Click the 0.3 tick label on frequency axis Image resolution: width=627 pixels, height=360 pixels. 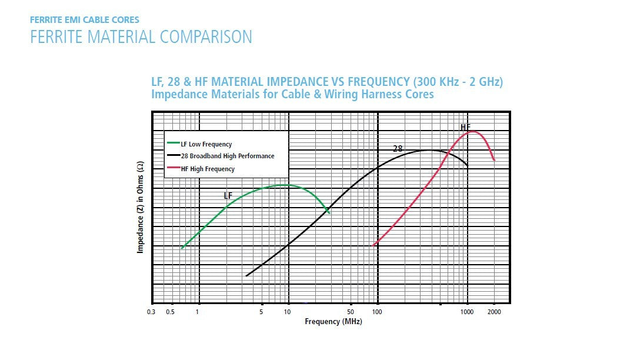point(151,312)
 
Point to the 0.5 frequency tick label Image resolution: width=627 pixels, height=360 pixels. point(170,312)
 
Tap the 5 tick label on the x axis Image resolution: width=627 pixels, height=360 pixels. point(261,312)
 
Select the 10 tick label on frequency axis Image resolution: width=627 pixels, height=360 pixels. point(288,312)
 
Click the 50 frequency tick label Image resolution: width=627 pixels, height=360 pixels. point(351,312)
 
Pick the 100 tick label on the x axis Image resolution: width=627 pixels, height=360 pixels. point(377,312)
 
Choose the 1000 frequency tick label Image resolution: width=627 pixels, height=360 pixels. point(466,312)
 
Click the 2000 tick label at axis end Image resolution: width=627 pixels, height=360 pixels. point(493,312)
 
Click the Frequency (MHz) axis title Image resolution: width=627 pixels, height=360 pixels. point(333,322)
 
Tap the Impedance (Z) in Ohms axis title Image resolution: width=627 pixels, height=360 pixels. point(141,207)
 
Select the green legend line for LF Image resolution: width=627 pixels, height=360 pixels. point(173,143)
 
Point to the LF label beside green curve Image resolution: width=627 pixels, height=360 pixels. point(228,195)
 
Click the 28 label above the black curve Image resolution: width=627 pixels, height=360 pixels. point(398,149)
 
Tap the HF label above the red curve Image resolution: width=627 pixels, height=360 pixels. point(465,127)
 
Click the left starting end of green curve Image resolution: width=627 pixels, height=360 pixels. point(182,248)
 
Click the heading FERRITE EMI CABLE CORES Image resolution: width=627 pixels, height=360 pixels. point(85,20)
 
